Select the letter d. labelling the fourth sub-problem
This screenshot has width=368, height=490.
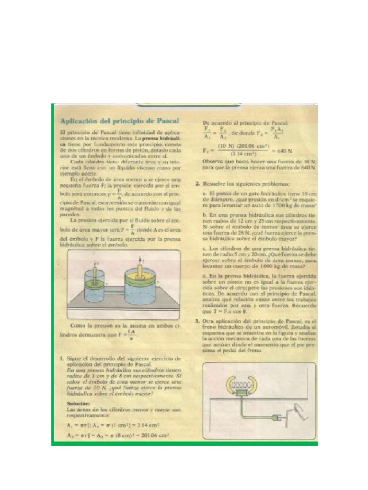(x=205, y=277)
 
